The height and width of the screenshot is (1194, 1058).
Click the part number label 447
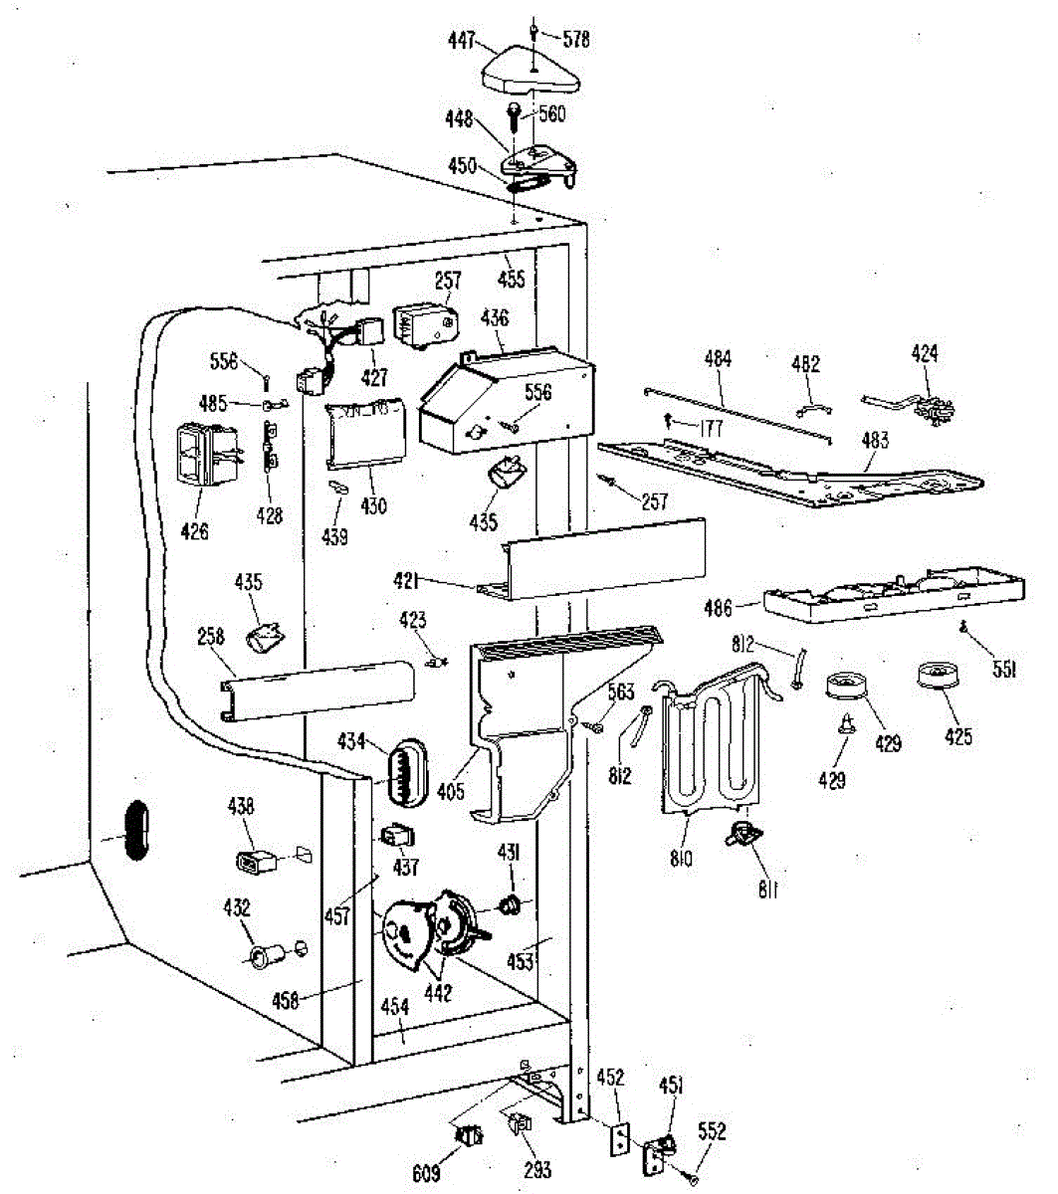(461, 39)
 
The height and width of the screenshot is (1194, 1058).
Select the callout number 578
(576, 40)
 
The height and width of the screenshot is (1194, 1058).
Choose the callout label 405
(451, 792)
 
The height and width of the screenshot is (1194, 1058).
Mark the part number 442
(437, 992)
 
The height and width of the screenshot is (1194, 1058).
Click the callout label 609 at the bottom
(426, 1172)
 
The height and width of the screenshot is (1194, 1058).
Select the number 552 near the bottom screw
(712, 1131)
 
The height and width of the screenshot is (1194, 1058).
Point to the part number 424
(925, 353)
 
